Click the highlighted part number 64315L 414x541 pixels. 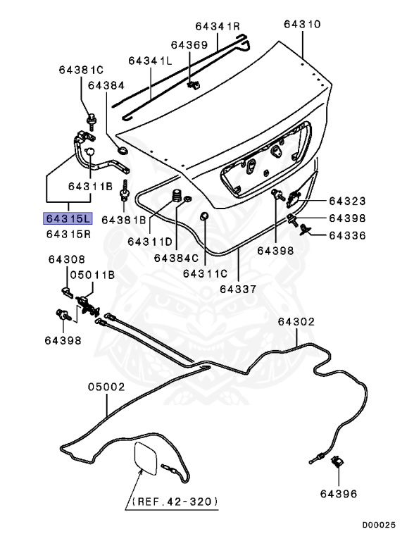click(x=68, y=218)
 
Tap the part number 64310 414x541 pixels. click(x=302, y=24)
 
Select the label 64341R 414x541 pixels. click(x=218, y=26)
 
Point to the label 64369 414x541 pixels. click(x=189, y=45)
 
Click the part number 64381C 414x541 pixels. click(x=81, y=70)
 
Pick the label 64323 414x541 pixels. click(x=347, y=201)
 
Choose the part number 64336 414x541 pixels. click(x=347, y=236)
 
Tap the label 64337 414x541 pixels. click(x=239, y=289)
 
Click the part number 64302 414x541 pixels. click(x=296, y=321)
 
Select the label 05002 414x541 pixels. click(x=106, y=387)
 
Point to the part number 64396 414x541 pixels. click(x=339, y=494)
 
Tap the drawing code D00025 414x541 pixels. click(x=379, y=525)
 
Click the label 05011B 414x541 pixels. click(x=92, y=275)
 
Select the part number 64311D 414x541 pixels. click(x=150, y=242)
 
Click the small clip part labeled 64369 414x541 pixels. click(x=193, y=85)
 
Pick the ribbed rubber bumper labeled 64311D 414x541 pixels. click(x=177, y=196)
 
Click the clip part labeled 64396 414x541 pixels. click(x=337, y=461)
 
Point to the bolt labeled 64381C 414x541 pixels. click(x=92, y=121)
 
